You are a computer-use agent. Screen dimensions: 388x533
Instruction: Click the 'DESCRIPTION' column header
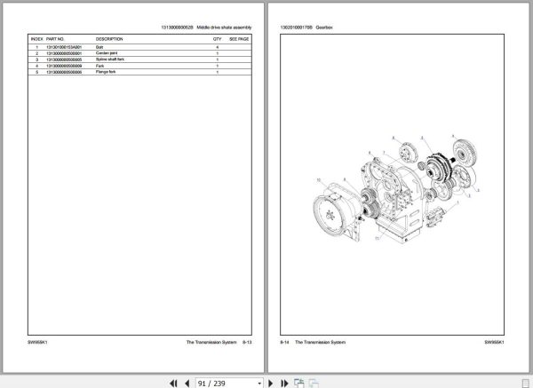109,40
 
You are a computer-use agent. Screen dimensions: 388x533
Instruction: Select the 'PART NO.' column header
55,40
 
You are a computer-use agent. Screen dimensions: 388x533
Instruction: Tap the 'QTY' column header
217,40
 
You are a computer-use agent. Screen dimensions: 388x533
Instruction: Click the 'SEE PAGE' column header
239,40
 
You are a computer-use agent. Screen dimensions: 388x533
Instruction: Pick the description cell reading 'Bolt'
99,47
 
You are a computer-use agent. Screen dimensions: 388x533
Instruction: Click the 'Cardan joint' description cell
106,53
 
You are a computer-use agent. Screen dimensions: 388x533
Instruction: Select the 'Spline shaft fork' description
109,59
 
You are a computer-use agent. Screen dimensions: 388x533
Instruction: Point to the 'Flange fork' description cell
105,72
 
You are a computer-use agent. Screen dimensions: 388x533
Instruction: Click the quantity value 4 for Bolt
217,47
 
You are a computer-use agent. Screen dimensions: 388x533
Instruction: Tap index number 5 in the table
36,72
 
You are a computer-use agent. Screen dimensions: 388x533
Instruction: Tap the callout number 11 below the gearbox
378,239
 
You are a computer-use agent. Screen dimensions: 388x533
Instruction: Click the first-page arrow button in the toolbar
173,382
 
